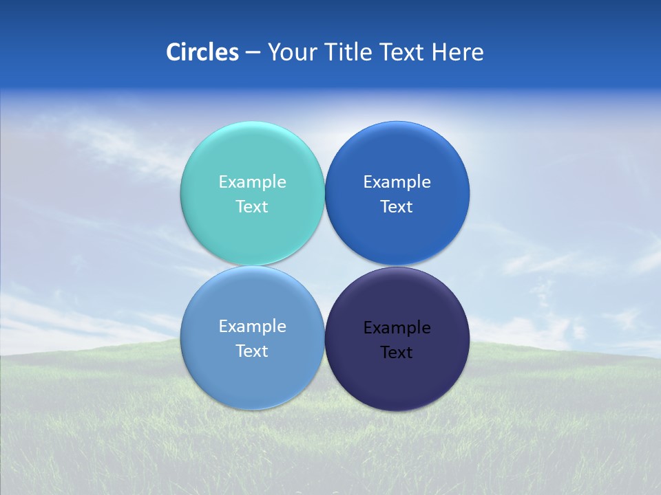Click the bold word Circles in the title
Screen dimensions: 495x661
202,52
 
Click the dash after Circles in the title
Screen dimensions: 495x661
253,53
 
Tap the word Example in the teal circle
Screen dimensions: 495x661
252,182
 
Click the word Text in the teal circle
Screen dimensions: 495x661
252,206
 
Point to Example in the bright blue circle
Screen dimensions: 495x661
397,182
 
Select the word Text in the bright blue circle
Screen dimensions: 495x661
397,206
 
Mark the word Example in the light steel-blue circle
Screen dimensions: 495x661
252,327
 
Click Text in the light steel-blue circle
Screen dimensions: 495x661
252,351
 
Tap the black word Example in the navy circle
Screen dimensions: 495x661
397,328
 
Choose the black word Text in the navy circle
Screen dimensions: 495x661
397,352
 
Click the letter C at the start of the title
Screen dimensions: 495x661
174,52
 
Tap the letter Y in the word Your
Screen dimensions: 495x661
273,52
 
